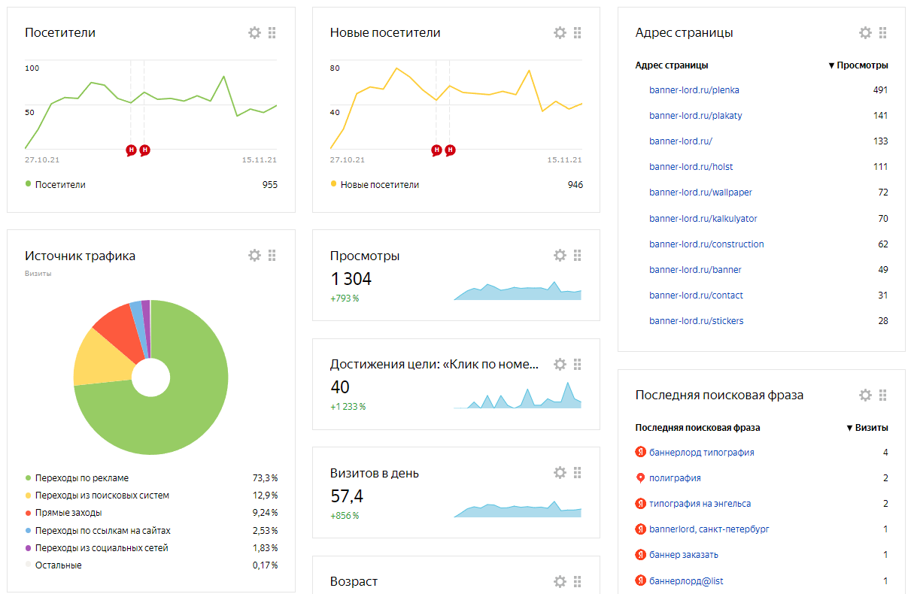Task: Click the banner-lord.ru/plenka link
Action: coord(694,90)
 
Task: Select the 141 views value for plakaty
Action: coord(880,116)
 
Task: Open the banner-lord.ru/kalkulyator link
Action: coord(703,219)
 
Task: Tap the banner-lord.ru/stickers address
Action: coord(696,321)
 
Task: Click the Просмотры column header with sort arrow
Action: coord(858,65)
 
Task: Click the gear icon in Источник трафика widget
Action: coord(254,256)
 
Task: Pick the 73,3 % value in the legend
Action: coord(265,477)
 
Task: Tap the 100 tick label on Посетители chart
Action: coord(32,68)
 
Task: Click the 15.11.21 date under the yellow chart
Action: coord(564,160)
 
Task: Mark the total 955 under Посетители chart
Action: coord(270,185)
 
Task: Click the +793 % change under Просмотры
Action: coord(345,299)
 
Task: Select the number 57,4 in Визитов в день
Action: coord(347,496)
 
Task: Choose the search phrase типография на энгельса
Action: coord(700,504)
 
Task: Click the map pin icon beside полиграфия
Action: coord(640,478)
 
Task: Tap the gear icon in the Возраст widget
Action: coord(560,581)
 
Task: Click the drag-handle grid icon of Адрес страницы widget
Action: coord(882,32)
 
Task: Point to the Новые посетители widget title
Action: coord(384,32)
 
